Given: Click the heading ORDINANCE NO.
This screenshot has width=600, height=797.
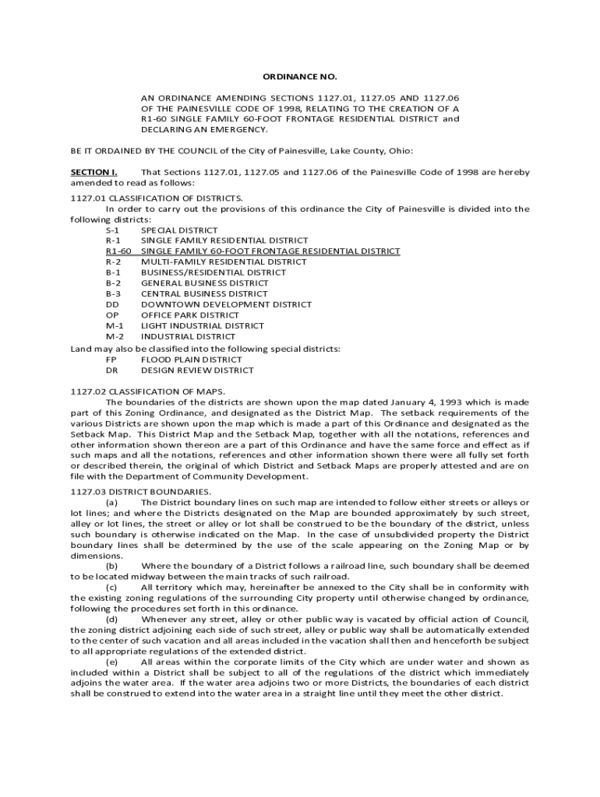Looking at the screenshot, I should [x=299, y=76].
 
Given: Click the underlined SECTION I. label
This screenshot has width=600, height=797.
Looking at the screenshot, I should [x=94, y=171].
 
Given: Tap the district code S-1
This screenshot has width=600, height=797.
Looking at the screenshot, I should [x=113, y=230].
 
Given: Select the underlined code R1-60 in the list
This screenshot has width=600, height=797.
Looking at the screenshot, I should [x=118, y=251].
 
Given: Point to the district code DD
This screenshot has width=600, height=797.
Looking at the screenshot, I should [x=112, y=304].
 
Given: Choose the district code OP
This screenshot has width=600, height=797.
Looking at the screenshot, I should [x=112, y=315].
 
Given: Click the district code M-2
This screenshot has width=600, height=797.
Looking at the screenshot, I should [x=115, y=336].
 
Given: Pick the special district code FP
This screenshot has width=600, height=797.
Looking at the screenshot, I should [x=111, y=360].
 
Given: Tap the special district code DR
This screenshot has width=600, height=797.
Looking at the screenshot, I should [x=112, y=370].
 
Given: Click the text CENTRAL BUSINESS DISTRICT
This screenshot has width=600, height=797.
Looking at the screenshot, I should [x=204, y=294].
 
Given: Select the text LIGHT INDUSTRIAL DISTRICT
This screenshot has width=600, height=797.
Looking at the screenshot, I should [x=202, y=325].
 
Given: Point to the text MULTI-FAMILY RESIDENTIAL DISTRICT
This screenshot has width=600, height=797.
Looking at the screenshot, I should [x=224, y=262].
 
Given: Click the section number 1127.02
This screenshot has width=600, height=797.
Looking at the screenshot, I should [x=88, y=391].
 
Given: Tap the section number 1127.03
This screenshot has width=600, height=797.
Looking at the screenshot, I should [x=88, y=492].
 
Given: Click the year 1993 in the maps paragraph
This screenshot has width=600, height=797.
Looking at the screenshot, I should [x=461, y=402].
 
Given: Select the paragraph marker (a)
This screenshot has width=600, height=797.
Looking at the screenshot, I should [x=112, y=503].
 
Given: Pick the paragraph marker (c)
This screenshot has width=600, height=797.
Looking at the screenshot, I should [x=112, y=587].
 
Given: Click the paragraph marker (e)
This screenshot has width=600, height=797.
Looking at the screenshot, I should [x=112, y=662].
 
